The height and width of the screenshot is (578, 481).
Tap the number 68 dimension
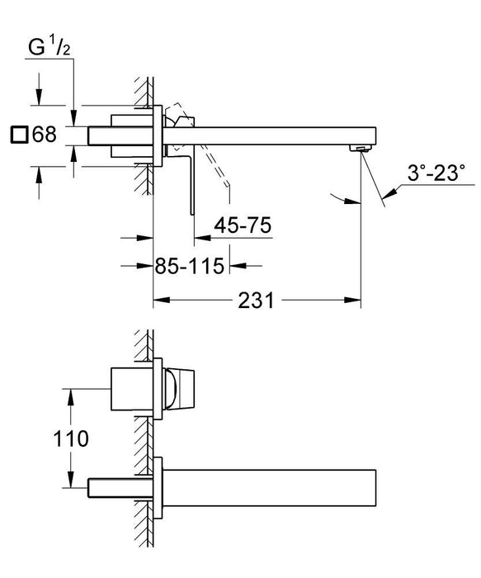(x=45, y=134)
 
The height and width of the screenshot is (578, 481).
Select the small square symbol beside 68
(x=18, y=134)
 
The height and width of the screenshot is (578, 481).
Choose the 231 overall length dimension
(x=257, y=301)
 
